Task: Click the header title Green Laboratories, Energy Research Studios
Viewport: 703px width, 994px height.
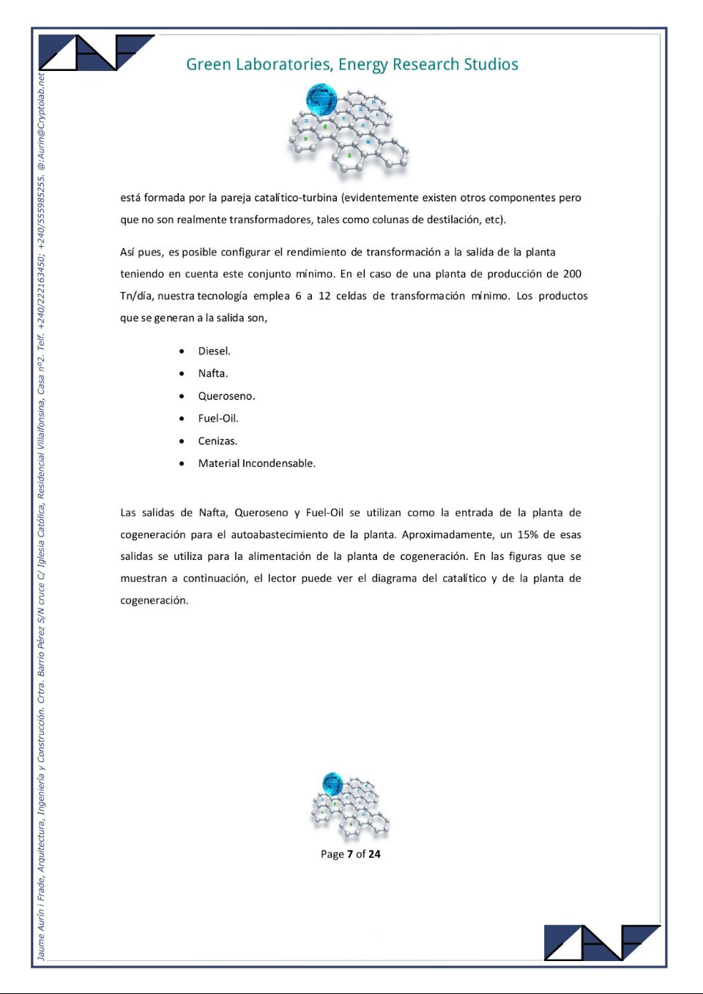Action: click(351, 64)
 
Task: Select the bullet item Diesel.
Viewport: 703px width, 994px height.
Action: click(214, 351)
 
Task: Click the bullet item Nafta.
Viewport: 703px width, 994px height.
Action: click(212, 373)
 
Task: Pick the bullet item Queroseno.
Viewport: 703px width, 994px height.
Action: click(226, 396)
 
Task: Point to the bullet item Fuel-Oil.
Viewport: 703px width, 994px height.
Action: click(217, 419)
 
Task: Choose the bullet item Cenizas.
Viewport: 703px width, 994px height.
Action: click(217, 441)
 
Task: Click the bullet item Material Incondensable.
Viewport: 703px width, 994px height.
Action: click(256, 463)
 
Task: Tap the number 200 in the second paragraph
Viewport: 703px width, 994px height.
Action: click(572, 274)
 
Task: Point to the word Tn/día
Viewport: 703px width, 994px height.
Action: click(137, 296)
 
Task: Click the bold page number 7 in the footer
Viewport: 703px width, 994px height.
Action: click(349, 854)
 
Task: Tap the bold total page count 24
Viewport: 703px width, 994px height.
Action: click(374, 854)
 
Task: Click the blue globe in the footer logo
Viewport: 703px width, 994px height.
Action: click(332, 783)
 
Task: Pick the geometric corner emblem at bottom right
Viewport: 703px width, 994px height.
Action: click(602, 942)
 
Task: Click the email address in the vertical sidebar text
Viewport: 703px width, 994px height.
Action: click(41, 122)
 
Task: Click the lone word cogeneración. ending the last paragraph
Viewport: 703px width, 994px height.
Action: click(154, 600)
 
